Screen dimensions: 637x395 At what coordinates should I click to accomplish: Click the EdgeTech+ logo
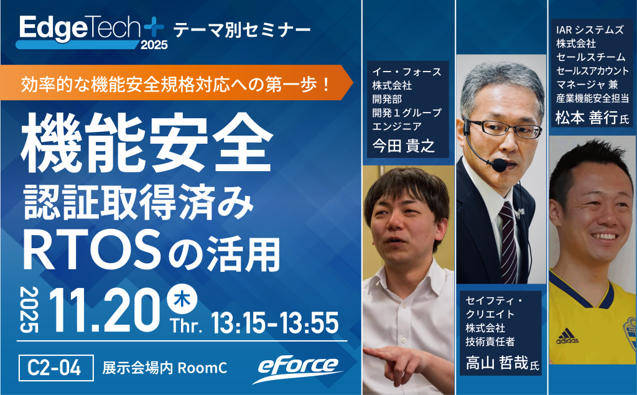92,32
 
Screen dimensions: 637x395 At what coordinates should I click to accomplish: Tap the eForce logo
298,368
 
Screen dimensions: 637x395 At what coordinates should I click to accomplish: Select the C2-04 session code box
56,368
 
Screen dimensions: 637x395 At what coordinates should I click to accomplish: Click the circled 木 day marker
182,299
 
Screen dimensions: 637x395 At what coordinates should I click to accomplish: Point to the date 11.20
105,310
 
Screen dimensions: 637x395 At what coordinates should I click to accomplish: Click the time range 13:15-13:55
275,323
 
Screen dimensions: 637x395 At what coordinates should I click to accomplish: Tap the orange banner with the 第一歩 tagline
176,83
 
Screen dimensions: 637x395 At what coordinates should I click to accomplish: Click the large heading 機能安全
147,142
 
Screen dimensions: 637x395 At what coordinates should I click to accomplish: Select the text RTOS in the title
92,250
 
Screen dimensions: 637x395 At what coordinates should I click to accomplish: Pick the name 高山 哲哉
497,363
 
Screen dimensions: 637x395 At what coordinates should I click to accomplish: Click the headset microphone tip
500,165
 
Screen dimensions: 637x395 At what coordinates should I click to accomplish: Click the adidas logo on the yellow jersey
567,336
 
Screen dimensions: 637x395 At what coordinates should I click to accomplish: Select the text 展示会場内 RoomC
164,368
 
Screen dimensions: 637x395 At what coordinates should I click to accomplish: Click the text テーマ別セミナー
242,30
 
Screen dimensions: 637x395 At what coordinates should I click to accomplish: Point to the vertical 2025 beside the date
29,310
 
